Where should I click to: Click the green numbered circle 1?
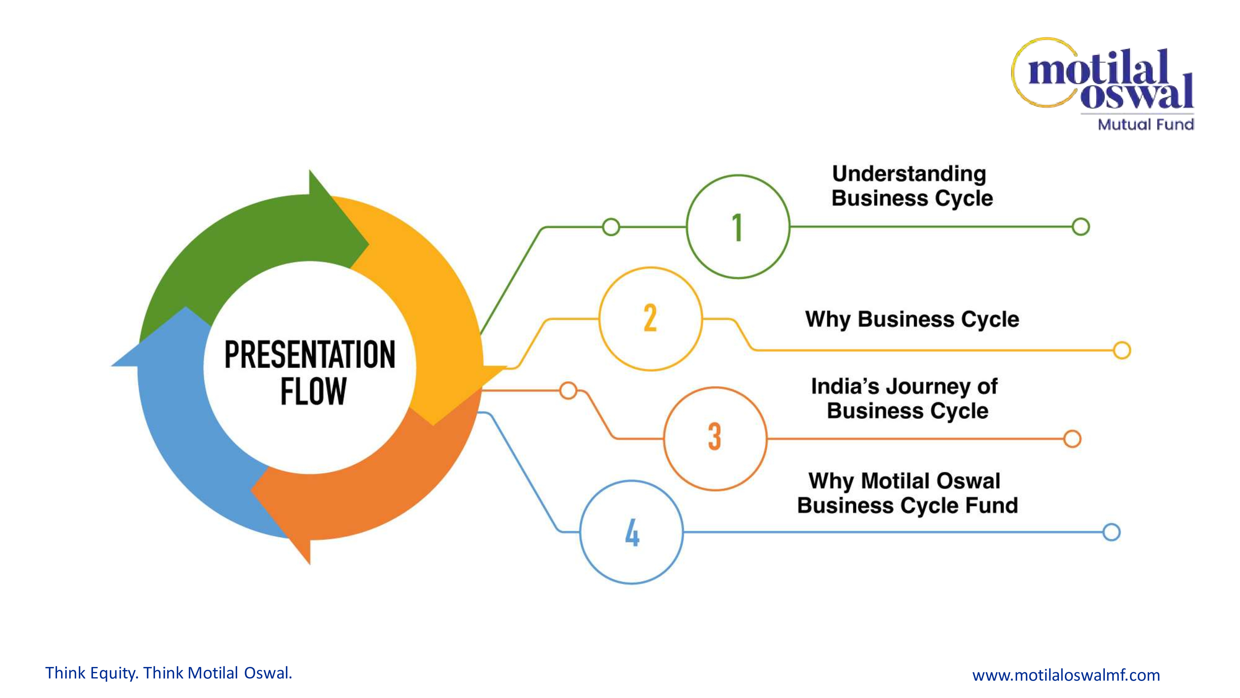click(738, 226)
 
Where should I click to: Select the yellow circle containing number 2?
click(650, 319)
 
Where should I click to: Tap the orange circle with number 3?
click(715, 438)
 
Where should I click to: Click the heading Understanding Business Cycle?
click(911, 186)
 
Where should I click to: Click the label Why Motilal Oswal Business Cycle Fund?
click(907, 493)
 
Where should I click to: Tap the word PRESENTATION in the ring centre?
click(309, 355)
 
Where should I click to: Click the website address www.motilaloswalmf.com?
click(1066, 675)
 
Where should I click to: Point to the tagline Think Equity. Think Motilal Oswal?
click(168, 673)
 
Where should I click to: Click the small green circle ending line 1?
click(1081, 226)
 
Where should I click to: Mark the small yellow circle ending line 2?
click(1122, 350)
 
